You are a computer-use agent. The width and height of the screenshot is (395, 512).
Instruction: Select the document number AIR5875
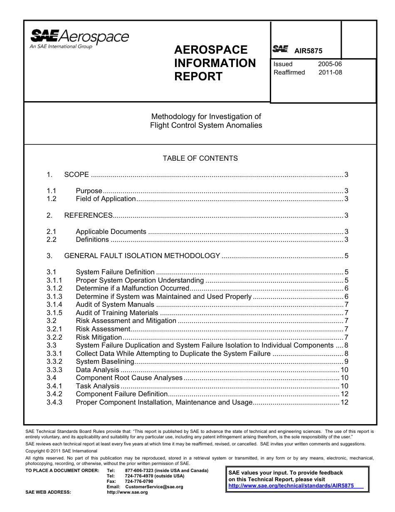tap(308, 51)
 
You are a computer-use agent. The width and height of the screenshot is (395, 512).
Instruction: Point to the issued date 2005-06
tap(330, 64)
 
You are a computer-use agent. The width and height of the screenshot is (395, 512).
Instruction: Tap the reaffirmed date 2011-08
tap(330, 72)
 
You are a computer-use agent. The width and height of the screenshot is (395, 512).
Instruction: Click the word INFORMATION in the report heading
tap(215, 63)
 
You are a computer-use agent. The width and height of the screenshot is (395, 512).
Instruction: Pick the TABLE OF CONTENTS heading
tap(200, 158)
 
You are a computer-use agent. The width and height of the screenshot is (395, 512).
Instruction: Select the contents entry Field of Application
tap(106, 199)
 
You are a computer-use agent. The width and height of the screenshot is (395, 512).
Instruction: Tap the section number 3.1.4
tap(54, 304)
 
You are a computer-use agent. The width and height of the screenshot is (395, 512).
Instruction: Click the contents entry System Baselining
tap(105, 361)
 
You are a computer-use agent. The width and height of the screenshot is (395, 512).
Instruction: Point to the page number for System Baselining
tap(346, 361)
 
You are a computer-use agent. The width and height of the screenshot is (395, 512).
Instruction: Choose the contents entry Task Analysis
tap(97, 386)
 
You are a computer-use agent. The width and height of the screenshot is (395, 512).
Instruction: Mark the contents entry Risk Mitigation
tap(99, 337)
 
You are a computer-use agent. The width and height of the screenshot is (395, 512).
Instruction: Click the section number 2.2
tap(52, 239)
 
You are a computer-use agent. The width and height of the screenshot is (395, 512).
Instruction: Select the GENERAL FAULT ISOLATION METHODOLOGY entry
tap(142, 256)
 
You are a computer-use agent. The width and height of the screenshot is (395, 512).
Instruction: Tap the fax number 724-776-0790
tap(139, 481)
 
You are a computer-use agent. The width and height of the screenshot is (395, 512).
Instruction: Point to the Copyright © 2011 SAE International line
tap(61, 451)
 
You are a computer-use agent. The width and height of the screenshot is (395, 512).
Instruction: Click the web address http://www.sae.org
tap(127, 492)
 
